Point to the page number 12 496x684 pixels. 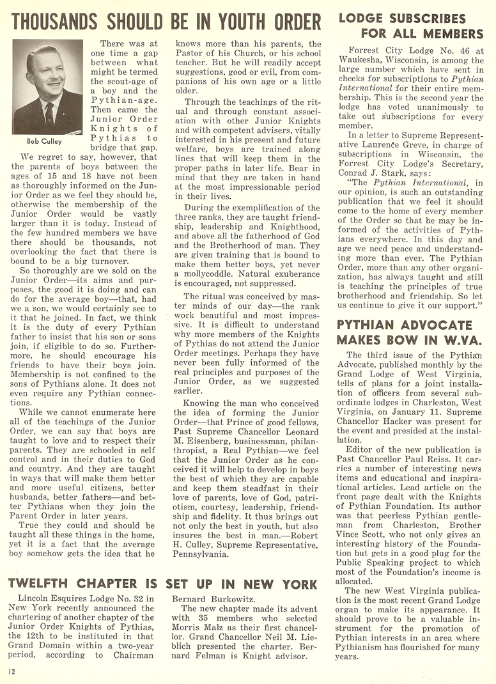[x=12, y=671]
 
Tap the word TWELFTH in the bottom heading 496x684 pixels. [x=49, y=584]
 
